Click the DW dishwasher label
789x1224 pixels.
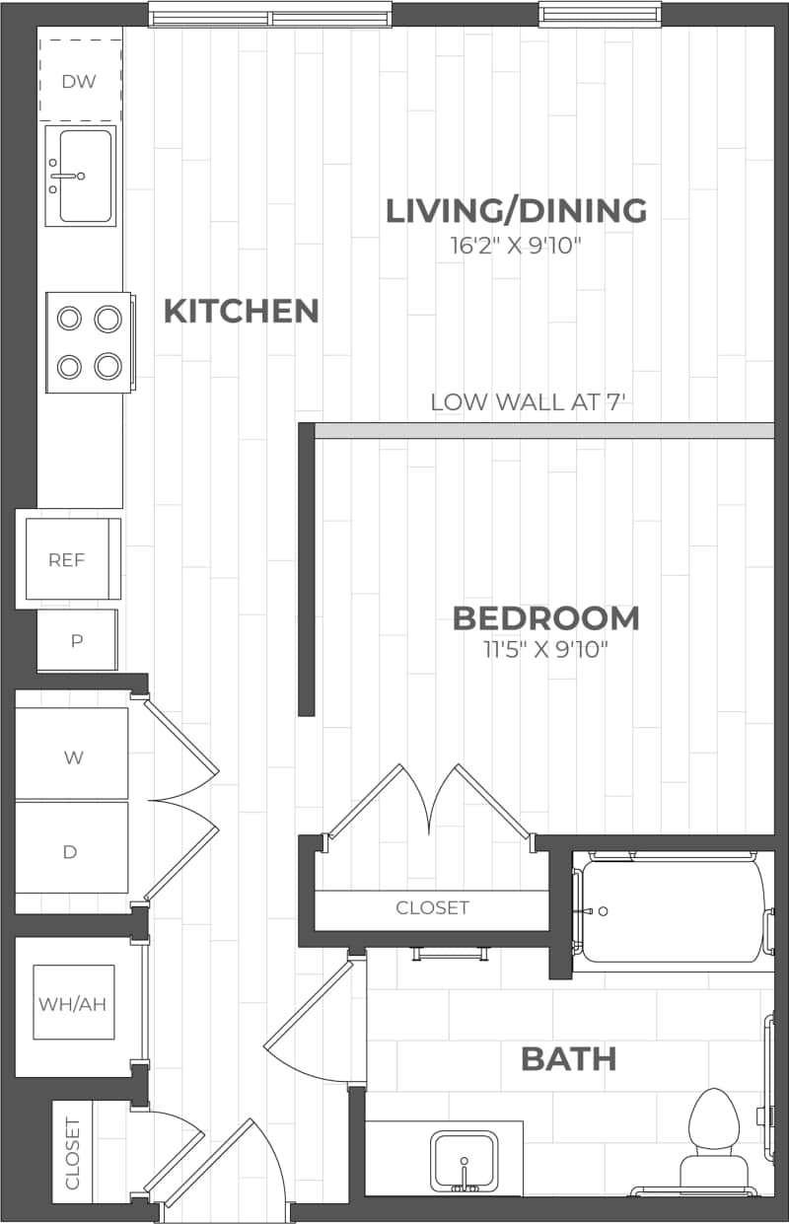[x=79, y=82]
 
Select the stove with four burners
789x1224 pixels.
[x=89, y=342]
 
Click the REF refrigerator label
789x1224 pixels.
[x=67, y=560]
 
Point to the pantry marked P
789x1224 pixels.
[x=77, y=640]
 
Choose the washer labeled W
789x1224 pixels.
[x=73, y=757]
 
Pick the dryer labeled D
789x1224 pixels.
[x=70, y=852]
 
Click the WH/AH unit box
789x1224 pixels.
[x=72, y=1004]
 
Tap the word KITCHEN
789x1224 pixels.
[x=241, y=311]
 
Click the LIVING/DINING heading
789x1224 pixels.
[x=516, y=210]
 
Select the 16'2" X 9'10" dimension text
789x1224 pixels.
[x=516, y=245]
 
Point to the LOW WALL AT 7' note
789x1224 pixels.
[x=530, y=402]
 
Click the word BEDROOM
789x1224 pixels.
[x=545, y=618]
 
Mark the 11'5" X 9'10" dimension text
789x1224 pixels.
[x=545, y=649]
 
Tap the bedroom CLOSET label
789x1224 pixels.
[x=432, y=907]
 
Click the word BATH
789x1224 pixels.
[x=568, y=1059]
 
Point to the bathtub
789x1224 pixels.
[x=671, y=909]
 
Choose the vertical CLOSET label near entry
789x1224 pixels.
[x=72, y=1153]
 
